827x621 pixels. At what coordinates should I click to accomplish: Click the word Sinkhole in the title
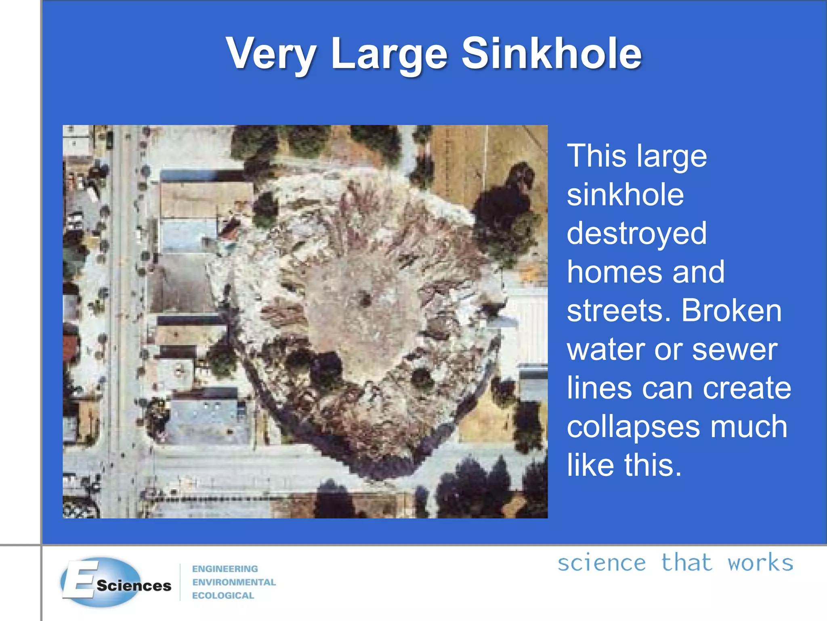[552, 54]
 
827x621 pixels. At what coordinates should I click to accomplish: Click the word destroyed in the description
[637, 233]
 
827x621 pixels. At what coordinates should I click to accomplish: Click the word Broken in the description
[731, 310]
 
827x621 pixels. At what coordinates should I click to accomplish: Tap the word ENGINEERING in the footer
[225, 569]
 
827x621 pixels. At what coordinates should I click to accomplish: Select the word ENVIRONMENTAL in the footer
[234, 582]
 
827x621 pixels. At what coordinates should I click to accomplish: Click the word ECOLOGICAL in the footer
[223, 596]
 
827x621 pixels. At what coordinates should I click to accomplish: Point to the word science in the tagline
[602, 563]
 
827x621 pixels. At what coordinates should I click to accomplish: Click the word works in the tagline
[760, 563]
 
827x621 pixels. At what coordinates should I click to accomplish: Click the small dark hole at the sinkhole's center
[365, 300]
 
